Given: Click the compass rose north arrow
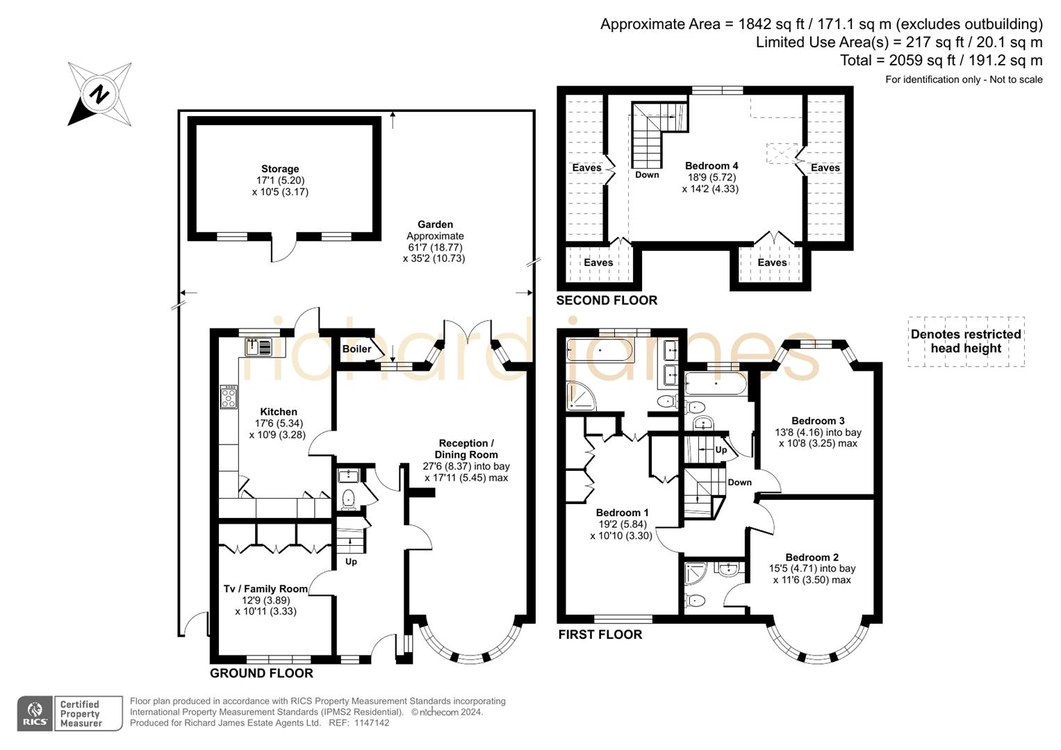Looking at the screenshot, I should pyautogui.click(x=99, y=94).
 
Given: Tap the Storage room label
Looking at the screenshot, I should pyautogui.click(x=280, y=169).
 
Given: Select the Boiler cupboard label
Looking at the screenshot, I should pyautogui.click(x=356, y=349).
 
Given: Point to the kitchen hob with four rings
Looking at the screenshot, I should pyautogui.click(x=229, y=397).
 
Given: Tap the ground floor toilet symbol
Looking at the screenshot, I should pyautogui.click(x=349, y=499).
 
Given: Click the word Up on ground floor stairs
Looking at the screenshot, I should pyautogui.click(x=351, y=561).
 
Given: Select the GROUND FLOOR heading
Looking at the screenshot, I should pyautogui.click(x=261, y=673).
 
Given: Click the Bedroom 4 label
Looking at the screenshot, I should pyautogui.click(x=711, y=166).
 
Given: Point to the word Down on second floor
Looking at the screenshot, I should pyautogui.click(x=646, y=175).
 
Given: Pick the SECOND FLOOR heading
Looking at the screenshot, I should pyautogui.click(x=607, y=300).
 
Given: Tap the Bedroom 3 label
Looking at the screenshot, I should pyautogui.click(x=818, y=421).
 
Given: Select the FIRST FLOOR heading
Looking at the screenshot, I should pyautogui.click(x=600, y=635).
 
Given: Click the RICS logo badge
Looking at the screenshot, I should pyautogui.click(x=34, y=713).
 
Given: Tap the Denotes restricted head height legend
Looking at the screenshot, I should pyautogui.click(x=966, y=341).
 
